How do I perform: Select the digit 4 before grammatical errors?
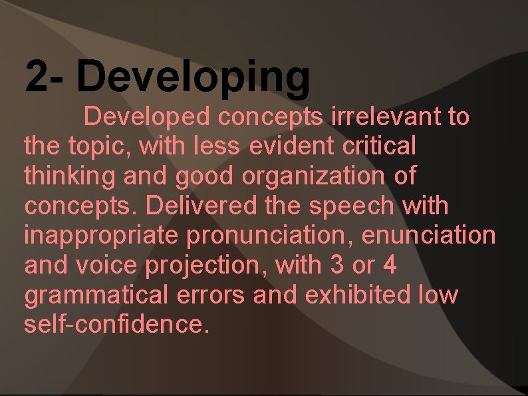390,265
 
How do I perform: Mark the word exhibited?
357,295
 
